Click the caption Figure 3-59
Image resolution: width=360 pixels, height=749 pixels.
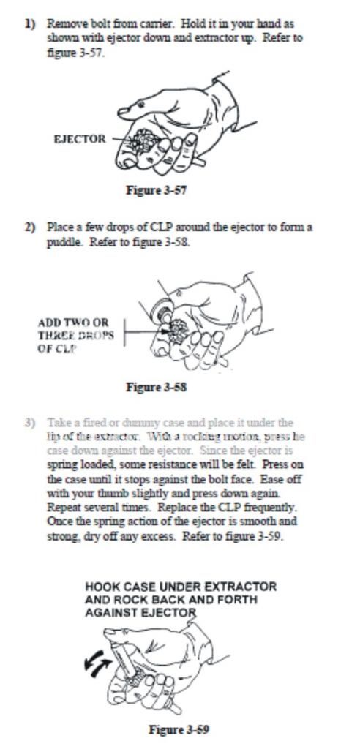[x=179, y=729]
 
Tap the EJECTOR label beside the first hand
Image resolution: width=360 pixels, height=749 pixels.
[x=79, y=139]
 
